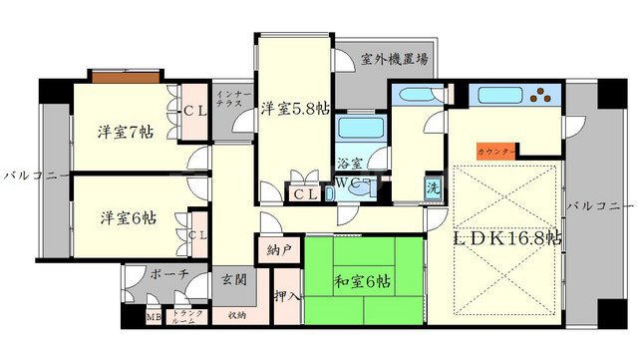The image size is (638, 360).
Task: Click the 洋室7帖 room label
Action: (x=125, y=131)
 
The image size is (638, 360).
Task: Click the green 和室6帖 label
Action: (x=363, y=283)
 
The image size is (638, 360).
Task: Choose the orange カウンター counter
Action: (x=495, y=151)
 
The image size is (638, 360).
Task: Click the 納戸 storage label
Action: (x=280, y=250)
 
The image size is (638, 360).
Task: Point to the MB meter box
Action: (x=153, y=317)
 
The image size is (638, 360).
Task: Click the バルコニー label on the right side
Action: (x=600, y=205)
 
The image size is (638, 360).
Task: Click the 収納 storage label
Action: (x=236, y=316)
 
